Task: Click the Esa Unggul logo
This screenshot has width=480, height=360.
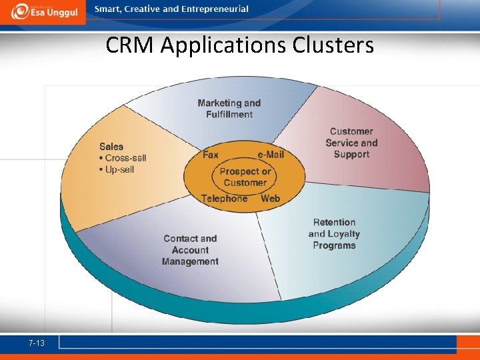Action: (x=43, y=11)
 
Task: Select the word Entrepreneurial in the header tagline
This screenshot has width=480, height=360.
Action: (x=214, y=9)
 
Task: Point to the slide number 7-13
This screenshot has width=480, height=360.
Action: (x=37, y=343)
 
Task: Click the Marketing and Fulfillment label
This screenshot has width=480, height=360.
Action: (x=229, y=109)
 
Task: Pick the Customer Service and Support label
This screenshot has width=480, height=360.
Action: (x=351, y=143)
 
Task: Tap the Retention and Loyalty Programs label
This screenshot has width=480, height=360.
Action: (x=334, y=234)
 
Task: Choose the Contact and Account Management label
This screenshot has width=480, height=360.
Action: (x=190, y=250)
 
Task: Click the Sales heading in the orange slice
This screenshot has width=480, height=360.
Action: (x=111, y=147)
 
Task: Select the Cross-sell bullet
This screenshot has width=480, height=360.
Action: (x=123, y=158)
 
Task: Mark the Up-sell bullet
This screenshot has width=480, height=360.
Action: (x=117, y=169)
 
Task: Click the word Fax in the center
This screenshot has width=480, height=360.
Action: (x=211, y=155)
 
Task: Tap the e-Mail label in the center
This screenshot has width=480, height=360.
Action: (x=271, y=155)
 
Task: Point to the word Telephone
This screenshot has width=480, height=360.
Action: (x=224, y=199)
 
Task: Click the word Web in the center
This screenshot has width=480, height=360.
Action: (x=270, y=199)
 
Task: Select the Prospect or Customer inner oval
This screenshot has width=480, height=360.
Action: (x=245, y=177)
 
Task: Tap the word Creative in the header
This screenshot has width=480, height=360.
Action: (x=143, y=9)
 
